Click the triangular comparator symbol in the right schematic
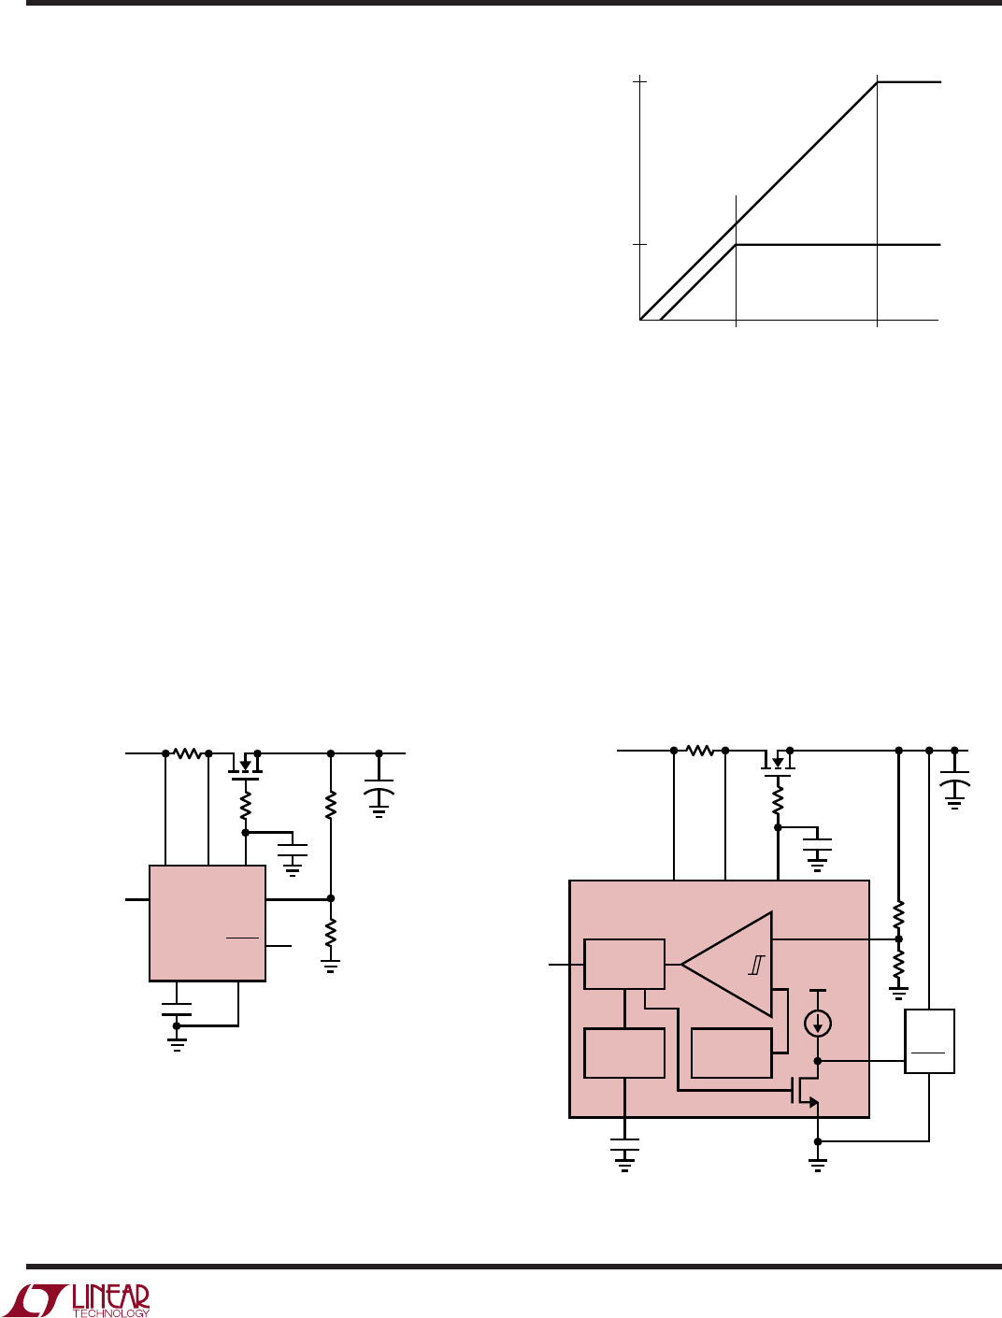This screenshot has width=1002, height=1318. tap(727, 965)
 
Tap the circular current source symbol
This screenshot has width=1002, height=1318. tap(818, 1024)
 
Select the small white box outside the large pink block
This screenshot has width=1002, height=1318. tap(929, 1041)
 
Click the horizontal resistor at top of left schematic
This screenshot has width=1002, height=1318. tap(187, 753)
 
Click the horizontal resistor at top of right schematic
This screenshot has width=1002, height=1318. tap(699, 751)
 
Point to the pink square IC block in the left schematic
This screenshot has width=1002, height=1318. tap(208, 924)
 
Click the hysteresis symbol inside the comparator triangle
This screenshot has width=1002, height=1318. tap(756, 965)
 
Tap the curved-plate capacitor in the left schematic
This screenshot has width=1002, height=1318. tap(379, 793)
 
